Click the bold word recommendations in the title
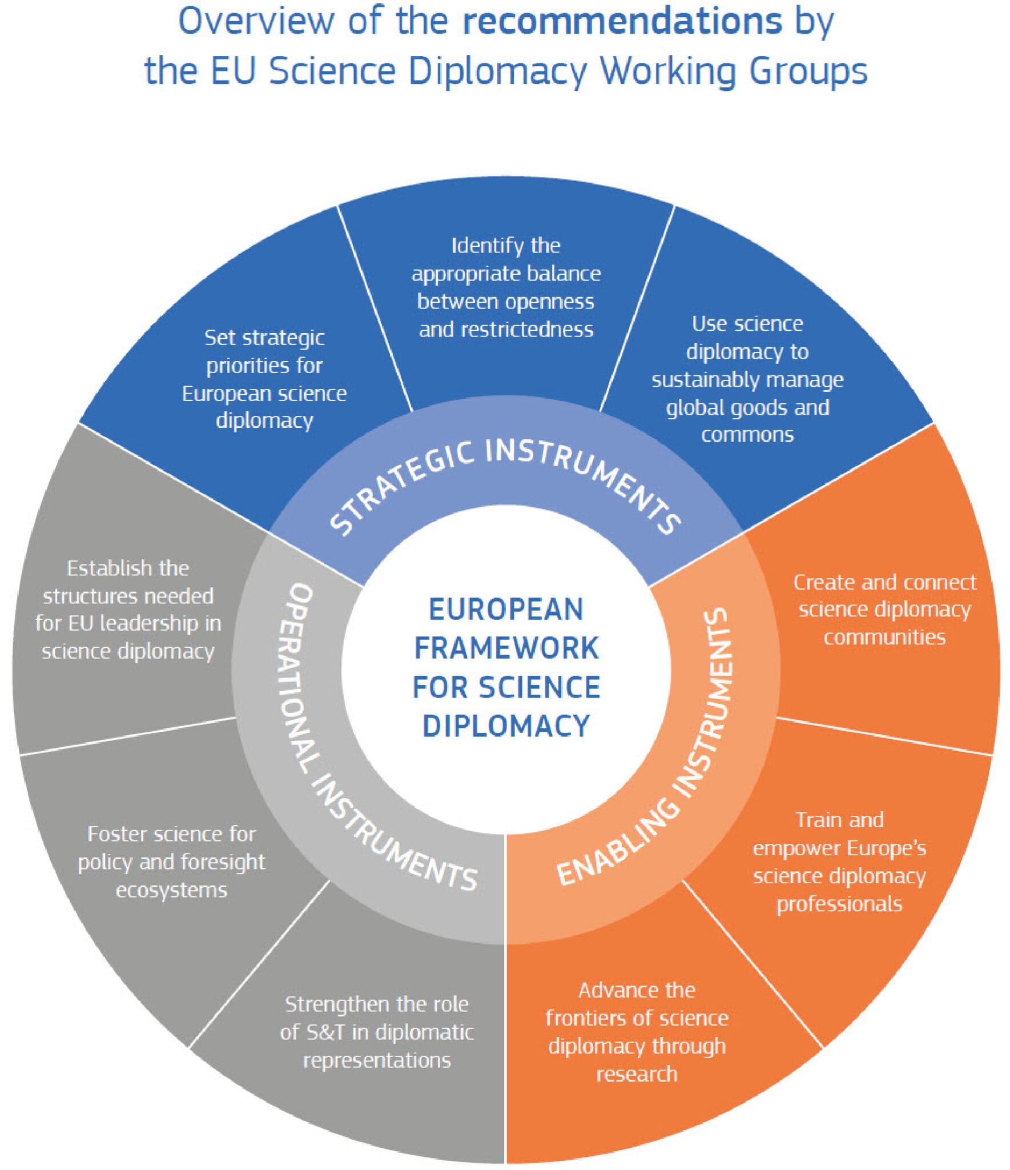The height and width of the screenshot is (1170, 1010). (621, 22)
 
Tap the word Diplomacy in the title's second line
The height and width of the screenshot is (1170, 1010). (497, 73)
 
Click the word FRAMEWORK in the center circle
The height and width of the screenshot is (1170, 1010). (506, 648)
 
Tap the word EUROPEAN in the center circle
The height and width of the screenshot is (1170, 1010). (506, 610)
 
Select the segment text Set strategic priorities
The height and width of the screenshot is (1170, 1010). (264, 379)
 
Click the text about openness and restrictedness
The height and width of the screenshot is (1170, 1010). (506, 287)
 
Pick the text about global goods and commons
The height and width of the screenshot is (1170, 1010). (747, 379)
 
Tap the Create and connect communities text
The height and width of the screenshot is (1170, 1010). (884, 610)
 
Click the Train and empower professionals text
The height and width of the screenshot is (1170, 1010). (839, 862)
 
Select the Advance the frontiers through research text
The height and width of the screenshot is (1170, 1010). (637, 1032)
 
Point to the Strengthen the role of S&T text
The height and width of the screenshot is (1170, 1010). (377, 1032)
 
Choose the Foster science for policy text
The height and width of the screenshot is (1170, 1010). (171, 862)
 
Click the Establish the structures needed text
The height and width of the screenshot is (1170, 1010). (128, 610)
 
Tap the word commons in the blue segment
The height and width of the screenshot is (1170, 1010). (747, 435)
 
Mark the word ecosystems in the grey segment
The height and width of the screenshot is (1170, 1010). (171, 890)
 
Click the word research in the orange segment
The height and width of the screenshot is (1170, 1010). (637, 1074)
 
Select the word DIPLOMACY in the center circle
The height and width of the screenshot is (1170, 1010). (506, 726)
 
